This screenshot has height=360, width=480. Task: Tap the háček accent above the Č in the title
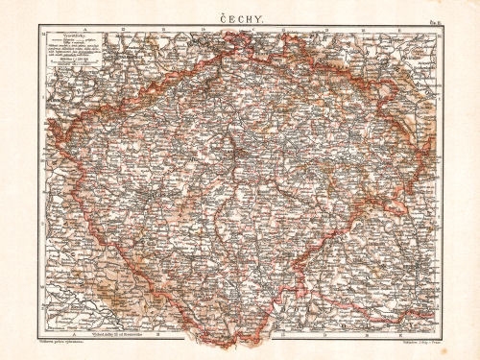(224, 9)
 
